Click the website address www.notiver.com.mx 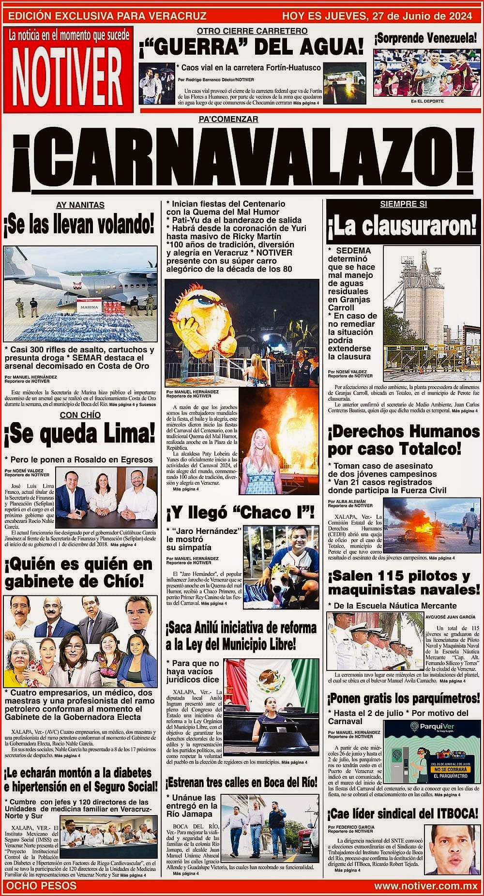[x=426, y=886]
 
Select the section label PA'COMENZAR [x=228, y=119]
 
